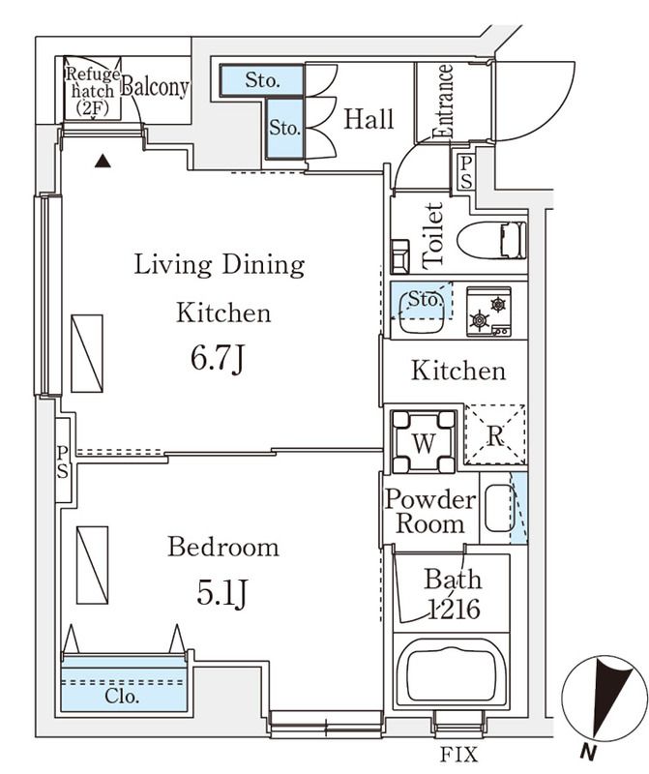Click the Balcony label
click(155, 87)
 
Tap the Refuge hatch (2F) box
click(93, 87)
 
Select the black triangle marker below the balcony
click(103, 161)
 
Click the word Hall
click(369, 119)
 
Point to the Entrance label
click(442, 101)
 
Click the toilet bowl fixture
click(491, 240)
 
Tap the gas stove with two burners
click(488, 312)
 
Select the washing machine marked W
click(423, 442)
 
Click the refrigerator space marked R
click(495, 434)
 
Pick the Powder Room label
click(430, 511)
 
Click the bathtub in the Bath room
click(452, 673)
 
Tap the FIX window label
click(459, 755)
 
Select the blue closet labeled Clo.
click(124, 684)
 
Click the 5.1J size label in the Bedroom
click(221, 592)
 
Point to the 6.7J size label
click(218, 358)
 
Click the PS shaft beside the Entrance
click(466, 172)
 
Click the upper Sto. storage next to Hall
click(261, 80)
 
